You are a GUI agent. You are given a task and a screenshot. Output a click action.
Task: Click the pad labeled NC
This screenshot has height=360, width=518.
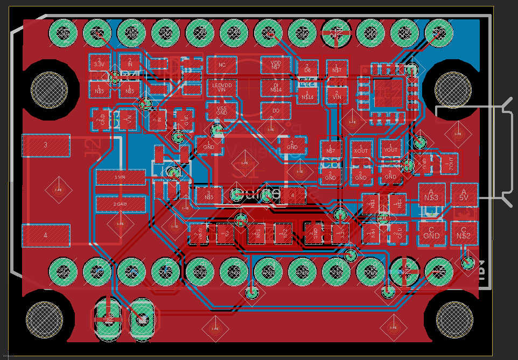point(222,65)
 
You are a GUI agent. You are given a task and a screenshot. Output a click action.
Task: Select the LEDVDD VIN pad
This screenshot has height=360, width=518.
point(222,88)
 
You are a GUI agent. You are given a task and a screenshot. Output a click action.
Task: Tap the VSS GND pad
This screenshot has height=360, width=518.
point(222,110)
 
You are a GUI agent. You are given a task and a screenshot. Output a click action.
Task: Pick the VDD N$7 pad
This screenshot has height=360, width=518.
point(276,65)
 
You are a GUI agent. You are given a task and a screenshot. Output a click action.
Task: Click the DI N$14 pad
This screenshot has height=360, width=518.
point(276,88)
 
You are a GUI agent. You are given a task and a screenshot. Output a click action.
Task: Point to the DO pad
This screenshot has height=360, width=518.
point(276,111)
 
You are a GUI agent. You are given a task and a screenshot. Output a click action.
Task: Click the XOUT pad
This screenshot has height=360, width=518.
point(361,149)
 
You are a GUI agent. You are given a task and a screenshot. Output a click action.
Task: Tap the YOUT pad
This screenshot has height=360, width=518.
point(390,149)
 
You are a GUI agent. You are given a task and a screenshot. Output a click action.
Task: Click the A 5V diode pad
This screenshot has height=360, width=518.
point(464,195)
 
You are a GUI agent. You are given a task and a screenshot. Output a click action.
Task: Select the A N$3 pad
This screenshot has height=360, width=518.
point(431,195)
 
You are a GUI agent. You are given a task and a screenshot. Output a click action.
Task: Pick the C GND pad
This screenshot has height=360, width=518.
point(431,232)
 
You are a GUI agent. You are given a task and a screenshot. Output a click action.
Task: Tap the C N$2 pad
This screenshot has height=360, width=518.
point(464,232)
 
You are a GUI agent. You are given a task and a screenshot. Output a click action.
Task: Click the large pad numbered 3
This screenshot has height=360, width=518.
point(46,146)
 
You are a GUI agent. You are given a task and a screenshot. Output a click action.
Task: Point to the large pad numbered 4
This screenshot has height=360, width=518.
point(46,236)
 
